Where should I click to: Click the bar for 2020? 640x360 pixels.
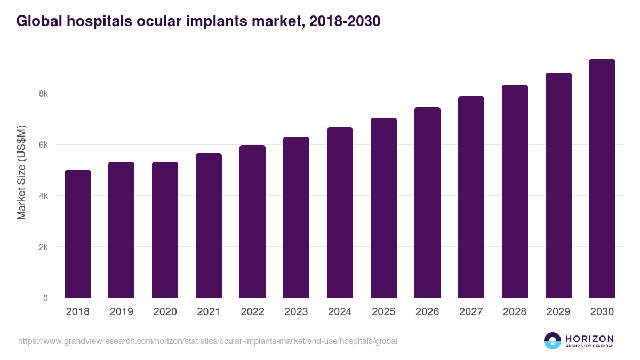[x=165, y=229]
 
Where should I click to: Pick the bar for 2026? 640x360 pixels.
[x=427, y=202]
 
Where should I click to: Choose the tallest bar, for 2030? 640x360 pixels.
[x=602, y=178]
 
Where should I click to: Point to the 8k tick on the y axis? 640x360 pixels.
[x=43, y=93]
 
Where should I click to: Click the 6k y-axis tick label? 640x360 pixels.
[x=43, y=145]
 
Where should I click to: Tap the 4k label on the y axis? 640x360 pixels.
[x=43, y=196]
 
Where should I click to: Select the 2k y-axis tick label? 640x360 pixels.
[x=43, y=247]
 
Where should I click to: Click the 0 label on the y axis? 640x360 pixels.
[x=45, y=298]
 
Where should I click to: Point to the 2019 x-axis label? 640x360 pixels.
[x=122, y=312]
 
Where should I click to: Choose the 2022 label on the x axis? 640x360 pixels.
[x=252, y=312]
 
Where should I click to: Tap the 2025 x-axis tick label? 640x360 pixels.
[x=383, y=312]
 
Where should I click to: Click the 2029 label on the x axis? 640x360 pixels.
[x=558, y=312]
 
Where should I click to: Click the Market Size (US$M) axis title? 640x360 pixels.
[x=21, y=172]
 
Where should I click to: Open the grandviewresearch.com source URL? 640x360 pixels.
[x=207, y=341]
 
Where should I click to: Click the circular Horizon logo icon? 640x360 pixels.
[x=553, y=341]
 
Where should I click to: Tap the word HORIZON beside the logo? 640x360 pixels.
[x=589, y=339]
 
